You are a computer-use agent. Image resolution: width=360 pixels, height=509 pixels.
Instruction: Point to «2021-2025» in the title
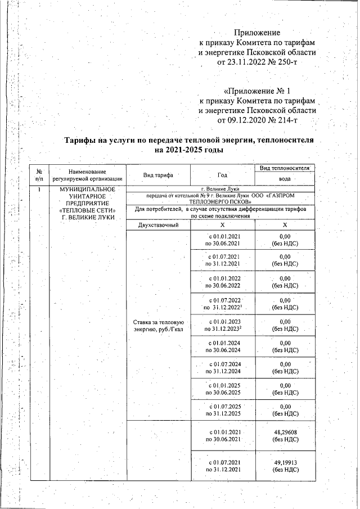[184, 150]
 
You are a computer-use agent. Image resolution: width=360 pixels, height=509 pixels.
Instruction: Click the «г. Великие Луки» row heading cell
[220, 188]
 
